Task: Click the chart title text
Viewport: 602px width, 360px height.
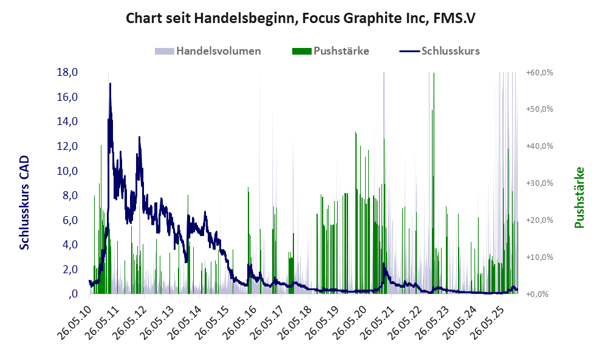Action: pos(300,18)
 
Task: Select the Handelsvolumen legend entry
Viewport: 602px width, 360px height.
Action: pos(218,51)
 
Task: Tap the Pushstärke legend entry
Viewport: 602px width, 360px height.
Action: pos(341,51)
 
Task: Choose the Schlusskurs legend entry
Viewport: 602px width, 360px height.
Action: pos(450,51)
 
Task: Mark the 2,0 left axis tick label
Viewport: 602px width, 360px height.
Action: pos(69,269)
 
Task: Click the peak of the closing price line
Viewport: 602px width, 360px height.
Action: pos(110,84)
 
